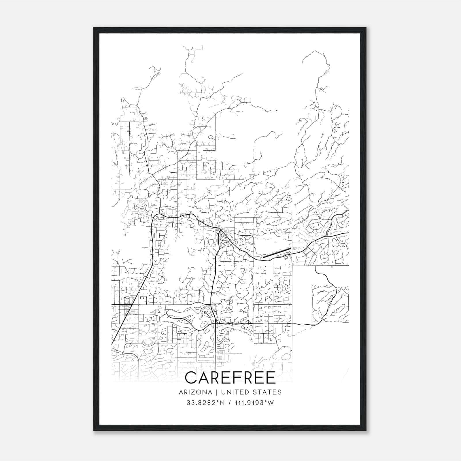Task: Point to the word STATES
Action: pyautogui.click(x=267, y=392)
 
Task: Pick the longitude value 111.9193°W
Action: pyautogui.click(x=254, y=403)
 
